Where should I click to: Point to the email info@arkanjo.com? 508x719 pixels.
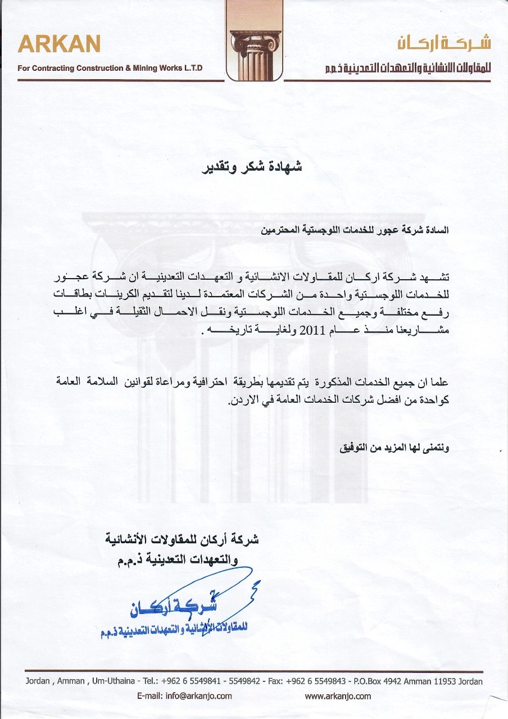click(x=184, y=696)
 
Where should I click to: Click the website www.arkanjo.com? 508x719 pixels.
click(x=338, y=696)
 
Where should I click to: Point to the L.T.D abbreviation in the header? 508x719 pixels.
click(x=191, y=69)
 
